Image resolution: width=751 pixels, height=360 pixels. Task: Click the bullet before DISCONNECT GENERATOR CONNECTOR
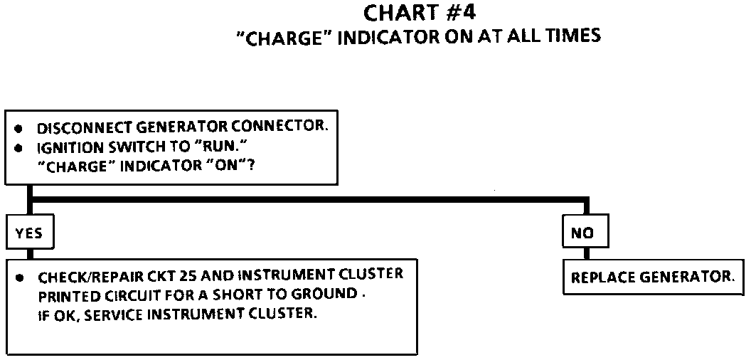19,129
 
